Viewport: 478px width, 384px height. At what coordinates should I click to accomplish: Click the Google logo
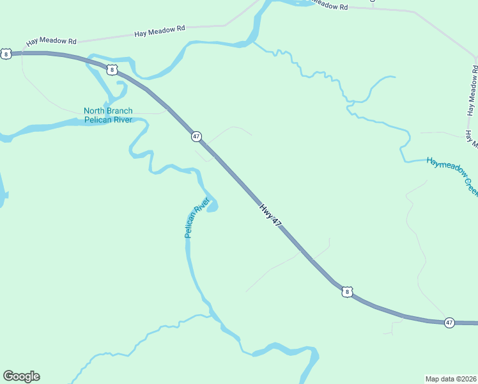(21, 376)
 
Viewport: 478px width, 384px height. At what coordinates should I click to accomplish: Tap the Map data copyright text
(451, 378)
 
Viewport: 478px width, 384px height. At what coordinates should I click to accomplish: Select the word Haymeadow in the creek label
(445, 163)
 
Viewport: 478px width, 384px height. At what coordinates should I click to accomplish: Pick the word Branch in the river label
(120, 111)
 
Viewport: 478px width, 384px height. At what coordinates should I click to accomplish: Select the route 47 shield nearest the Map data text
(449, 323)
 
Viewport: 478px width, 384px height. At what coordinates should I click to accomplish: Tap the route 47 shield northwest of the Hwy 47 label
(196, 136)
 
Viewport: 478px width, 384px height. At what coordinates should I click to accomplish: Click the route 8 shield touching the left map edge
(6, 54)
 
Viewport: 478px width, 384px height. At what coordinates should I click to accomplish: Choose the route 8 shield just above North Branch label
(112, 69)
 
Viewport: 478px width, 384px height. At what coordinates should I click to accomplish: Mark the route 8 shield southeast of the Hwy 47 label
(346, 292)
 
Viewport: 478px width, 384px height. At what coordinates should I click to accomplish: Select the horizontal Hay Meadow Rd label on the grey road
(160, 29)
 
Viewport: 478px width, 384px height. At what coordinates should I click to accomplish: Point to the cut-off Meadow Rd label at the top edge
(329, 5)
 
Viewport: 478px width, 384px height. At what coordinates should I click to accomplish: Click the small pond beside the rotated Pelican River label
(213, 205)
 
